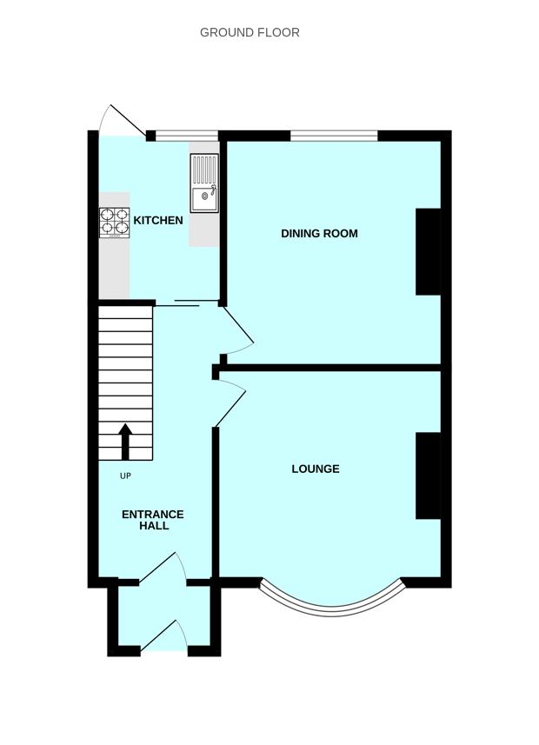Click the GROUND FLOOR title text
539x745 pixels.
[x=250, y=32]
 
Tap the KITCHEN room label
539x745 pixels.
[x=158, y=220]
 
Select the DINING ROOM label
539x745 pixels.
[x=319, y=233]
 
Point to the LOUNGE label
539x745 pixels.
[x=315, y=469]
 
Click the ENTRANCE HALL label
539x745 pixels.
[x=152, y=520]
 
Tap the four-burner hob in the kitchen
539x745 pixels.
[x=115, y=223]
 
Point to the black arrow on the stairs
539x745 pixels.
[x=125, y=441]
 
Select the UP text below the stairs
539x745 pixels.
[x=125, y=476]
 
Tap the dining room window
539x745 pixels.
[x=334, y=136]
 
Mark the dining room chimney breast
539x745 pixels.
[x=428, y=251]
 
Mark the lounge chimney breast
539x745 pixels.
[x=428, y=476]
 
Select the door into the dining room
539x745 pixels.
[x=237, y=329]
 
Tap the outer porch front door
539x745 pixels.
[x=165, y=635]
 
